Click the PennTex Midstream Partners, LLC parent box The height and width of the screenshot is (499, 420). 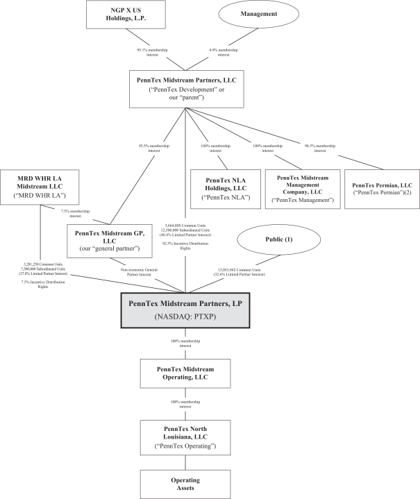click(x=186, y=88)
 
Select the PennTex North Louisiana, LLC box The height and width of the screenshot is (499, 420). click(x=186, y=437)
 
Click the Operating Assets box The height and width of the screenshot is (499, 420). click(x=186, y=483)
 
